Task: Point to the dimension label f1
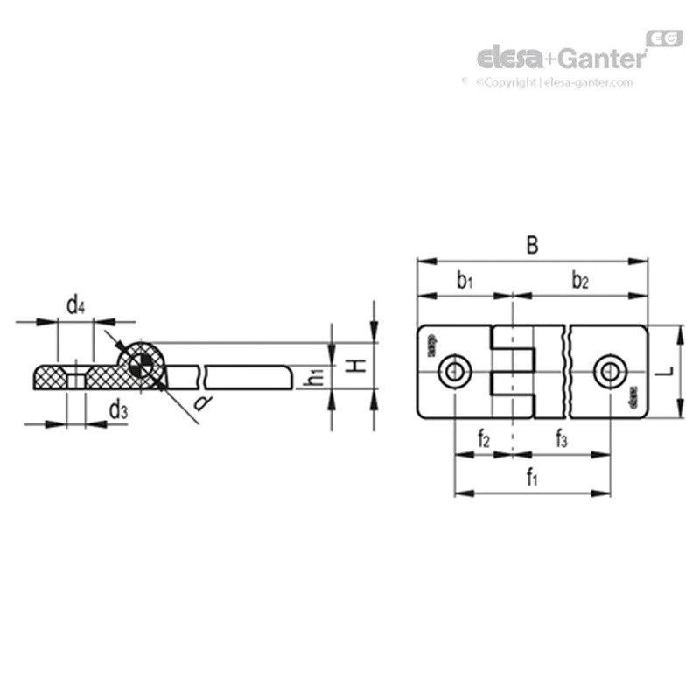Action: click(531, 477)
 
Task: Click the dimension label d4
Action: click(77, 305)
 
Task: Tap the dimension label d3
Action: click(118, 409)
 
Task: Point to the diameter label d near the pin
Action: click(202, 402)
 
